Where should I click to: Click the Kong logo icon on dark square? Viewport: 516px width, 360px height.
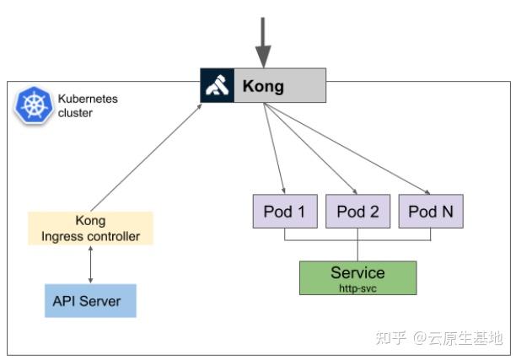[217, 86]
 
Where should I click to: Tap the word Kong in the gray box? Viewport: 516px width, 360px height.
[263, 86]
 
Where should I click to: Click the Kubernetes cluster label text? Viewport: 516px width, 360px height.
[88, 106]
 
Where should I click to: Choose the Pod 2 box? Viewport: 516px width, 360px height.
[357, 212]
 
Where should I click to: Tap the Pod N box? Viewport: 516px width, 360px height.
[430, 212]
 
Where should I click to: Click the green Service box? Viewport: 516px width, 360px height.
[357, 277]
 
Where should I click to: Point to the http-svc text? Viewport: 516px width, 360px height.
[357, 287]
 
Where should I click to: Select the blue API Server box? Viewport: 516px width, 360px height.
[90, 301]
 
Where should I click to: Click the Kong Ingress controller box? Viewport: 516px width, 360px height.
[91, 228]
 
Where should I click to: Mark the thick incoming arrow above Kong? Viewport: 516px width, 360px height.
[263, 42]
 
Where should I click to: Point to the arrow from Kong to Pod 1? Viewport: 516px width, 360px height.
[275, 148]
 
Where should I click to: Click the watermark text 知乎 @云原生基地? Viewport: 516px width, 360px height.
[438, 338]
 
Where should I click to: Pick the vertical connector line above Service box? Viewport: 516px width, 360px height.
[357, 250]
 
